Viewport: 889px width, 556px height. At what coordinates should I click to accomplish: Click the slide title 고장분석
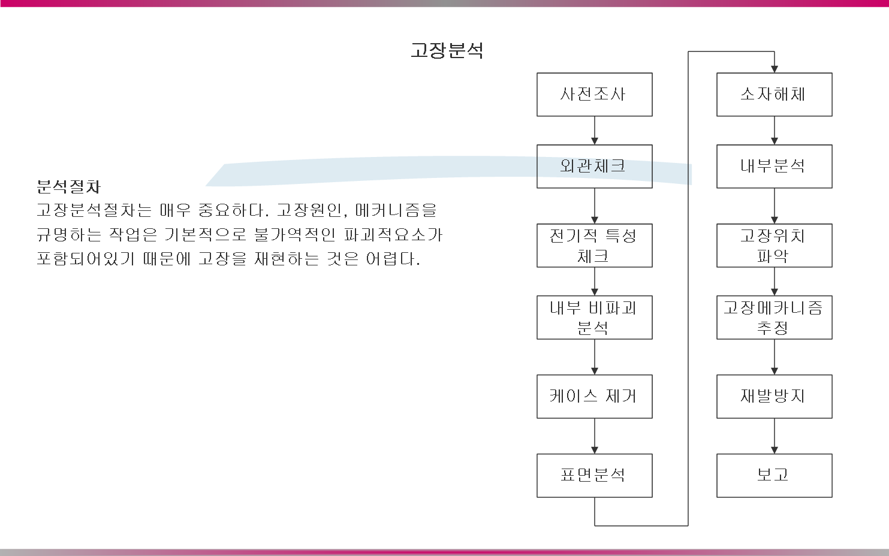click(x=447, y=50)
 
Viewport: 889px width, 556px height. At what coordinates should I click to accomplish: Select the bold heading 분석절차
click(x=68, y=186)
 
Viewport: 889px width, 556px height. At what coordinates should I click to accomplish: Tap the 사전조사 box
click(x=594, y=95)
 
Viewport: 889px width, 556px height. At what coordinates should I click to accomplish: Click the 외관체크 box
click(x=594, y=167)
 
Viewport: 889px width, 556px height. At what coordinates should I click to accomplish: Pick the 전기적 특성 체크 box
click(x=594, y=246)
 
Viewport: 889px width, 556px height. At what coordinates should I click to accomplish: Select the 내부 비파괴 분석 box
click(x=594, y=318)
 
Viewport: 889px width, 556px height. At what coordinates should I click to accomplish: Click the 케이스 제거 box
click(x=594, y=397)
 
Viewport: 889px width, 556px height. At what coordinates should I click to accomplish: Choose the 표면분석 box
click(x=594, y=476)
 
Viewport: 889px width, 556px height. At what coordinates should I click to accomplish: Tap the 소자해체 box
click(x=774, y=95)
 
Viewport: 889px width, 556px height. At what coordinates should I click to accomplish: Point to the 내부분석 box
click(x=774, y=167)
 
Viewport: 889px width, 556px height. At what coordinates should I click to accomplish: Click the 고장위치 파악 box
click(x=774, y=246)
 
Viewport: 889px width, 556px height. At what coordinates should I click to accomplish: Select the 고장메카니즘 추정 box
click(x=774, y=318)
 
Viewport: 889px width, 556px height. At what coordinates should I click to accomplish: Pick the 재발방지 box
click(x=774, y=397)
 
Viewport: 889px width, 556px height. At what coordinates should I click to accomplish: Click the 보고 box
click(x=774, y=476)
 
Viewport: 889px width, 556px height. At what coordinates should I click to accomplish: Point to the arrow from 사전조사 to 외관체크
click(x=595, y=131)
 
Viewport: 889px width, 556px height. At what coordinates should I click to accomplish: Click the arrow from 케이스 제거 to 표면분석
click(x=595, y=436)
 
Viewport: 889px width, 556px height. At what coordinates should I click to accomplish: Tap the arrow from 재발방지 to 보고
click(x=775, y=436)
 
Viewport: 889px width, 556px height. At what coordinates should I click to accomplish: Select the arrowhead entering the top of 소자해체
click(x=775, y=69)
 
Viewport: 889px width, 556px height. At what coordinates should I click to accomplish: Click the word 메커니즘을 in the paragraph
click(x=396, y=211)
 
